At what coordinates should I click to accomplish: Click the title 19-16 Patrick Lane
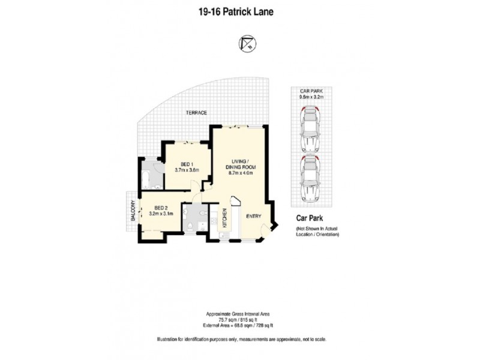239,11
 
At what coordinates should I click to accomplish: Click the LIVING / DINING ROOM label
244,164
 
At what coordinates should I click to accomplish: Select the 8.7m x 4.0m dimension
244,174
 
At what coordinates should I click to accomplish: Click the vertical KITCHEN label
225,218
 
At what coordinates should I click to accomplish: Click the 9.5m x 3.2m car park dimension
311,96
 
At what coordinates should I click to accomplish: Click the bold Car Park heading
310,220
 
